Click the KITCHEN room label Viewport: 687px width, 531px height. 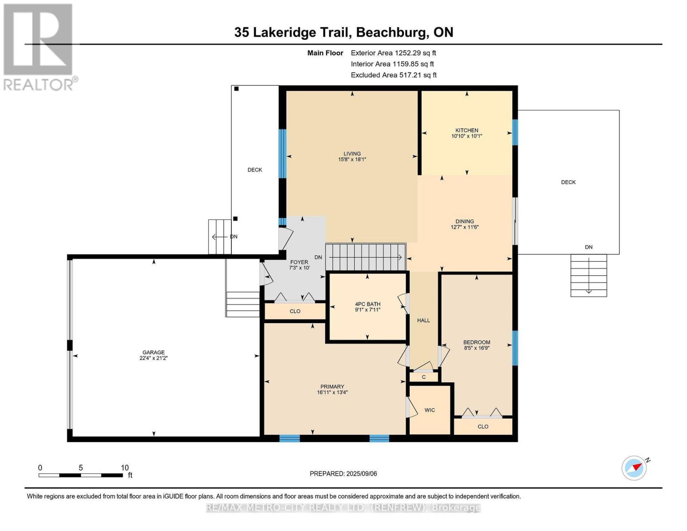point(467,130)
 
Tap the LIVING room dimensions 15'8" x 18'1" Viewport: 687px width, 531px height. point(352,159)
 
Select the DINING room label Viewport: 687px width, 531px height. point(464,221)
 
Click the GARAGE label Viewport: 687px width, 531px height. point(154,353)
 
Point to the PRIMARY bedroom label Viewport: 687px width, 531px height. point(332,386)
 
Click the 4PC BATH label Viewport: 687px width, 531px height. point(368,304)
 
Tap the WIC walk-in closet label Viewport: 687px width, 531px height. point(430,410)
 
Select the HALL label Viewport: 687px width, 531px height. point(423,320)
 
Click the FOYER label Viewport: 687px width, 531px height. point(299,262)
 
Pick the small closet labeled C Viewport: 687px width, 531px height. point(423,377)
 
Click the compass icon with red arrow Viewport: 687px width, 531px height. point(634,468)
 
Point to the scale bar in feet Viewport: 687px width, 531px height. point(81,475)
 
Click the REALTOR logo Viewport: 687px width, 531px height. point(39,46)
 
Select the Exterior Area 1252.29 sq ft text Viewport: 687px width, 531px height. point(393,53)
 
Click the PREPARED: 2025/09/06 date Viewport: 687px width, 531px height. point(343,473)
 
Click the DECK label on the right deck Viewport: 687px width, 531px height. point(568,182)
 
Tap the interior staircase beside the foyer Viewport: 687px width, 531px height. point(365,257)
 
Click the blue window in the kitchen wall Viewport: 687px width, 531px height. point(515,132)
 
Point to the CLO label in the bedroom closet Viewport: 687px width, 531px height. point(483,427)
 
